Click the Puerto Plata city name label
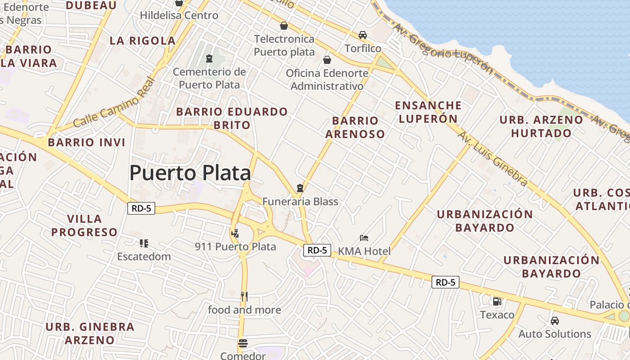(x=190, y=173)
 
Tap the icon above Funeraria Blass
(x=300, y=188)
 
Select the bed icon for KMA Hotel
(x=364, y=238)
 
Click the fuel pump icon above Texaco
(x=497, y=301)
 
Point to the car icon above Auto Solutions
(x=555, y=321)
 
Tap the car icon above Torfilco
(x=363, y=35)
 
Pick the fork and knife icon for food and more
(x=244, y=296)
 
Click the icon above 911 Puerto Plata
(x=235, y=233)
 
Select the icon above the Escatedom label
(x=144, y=243)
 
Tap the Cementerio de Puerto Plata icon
(x=209, y=58)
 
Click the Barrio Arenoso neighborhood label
(x=355, y=127)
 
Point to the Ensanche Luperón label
(x=428, y=112)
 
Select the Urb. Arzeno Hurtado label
(x=541, y=126)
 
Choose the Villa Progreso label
(x=84, y=225)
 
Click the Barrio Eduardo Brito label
(x=232, y=118)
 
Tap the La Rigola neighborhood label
(x=143, y=40)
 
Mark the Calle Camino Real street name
(x=114, y=103)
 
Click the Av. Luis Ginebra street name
(x=492, y=158)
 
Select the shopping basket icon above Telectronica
(x=284, y=26)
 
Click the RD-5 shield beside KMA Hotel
(x=317, y=250)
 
